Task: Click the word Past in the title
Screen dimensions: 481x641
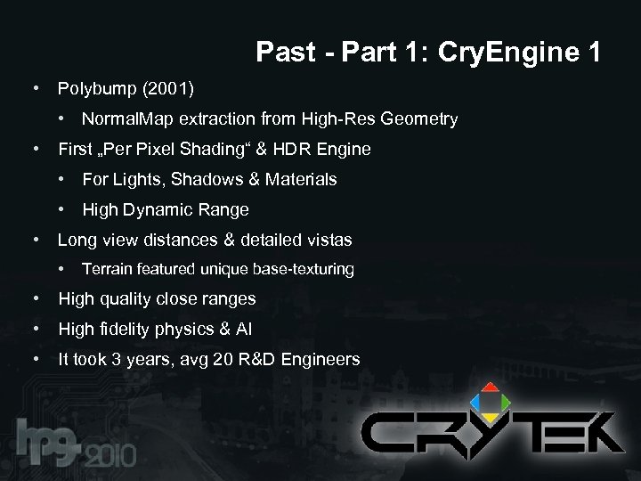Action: [285, 53]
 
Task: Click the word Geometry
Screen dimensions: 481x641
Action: [418, 118]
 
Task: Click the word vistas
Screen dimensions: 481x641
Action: [326, 240]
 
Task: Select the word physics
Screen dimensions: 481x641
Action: [188, 330]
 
